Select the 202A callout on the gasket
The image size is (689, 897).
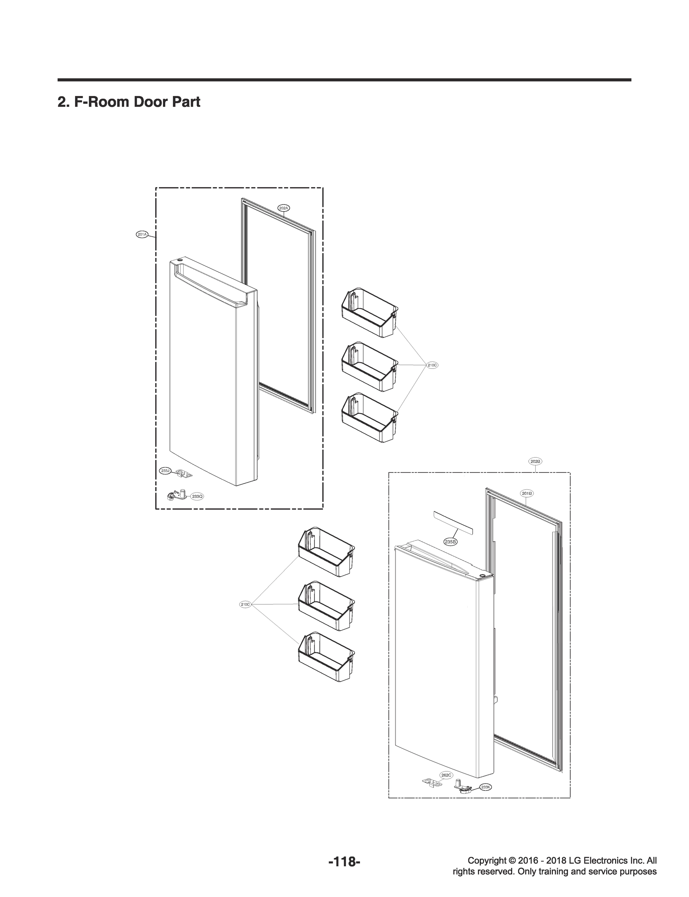coord(284,208)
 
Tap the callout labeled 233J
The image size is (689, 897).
coord(165,471)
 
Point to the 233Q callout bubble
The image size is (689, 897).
coord(197,496)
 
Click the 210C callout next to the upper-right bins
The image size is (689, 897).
coord(432,365)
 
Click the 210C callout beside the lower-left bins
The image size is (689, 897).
coord(245,605)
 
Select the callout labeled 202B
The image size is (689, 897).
coord(536,462)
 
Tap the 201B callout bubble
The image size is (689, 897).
coord(527,494)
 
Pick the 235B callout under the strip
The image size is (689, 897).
coord(450,542)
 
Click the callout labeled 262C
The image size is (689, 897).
coord(446,775)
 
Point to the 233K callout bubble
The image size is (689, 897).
coord(486,787)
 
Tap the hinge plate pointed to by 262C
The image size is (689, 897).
coord(432,783)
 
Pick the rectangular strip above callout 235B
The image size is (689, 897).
coord(453,523)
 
